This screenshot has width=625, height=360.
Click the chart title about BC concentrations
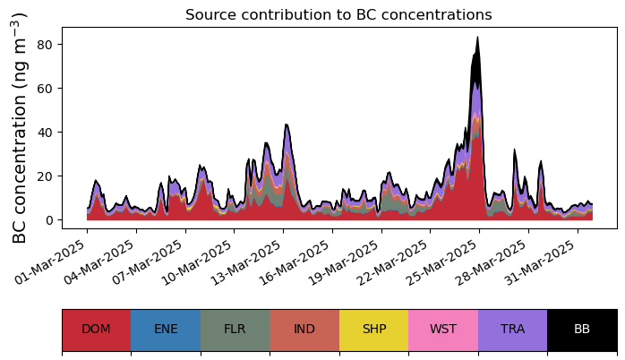tap(338, 15)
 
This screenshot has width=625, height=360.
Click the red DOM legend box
tap(96, 330)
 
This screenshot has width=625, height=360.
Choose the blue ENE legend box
tap(166, 330)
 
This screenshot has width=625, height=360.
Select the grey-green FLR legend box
tap(235, 330)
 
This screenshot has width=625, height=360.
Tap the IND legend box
tap(304, 330)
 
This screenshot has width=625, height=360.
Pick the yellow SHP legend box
tap(373, 330)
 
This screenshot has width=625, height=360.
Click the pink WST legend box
tap(443, 330)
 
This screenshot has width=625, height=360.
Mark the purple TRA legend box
tap(512, 330)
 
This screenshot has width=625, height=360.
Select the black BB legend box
tap(582, 330)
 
